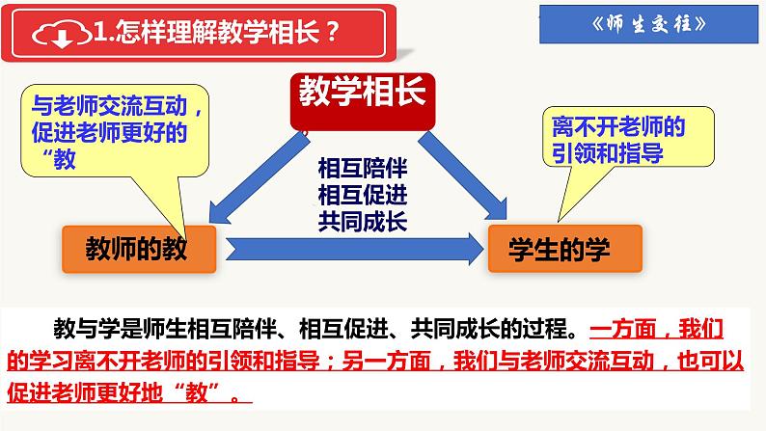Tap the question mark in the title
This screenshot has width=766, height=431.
pyautogui.click(x=331, y=37)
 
